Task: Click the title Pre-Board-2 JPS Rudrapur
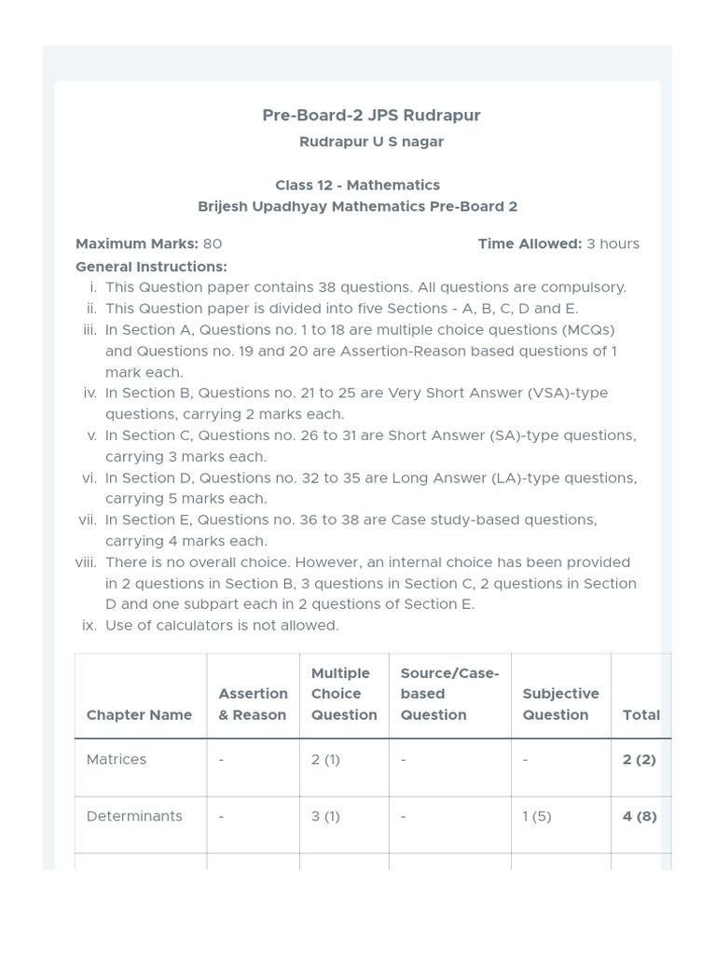click(371, 115)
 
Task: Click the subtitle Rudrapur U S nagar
click(371, 142)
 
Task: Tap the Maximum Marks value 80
click(213, 243)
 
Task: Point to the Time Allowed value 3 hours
click(613, 243)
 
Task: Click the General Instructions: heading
click(151, 266)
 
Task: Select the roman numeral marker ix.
click(89, 625)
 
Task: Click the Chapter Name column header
click(139, 714)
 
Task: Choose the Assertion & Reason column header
click(253, 704)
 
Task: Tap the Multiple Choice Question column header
click(344, 694)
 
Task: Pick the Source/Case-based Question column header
click(449, 694)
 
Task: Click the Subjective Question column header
click(560, 704)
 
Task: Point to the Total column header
click(640, 714)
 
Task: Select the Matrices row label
click(117, 759)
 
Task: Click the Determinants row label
click(134, 816)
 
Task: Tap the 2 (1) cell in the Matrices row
click(325, 759)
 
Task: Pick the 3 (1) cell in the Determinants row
click(325, 816)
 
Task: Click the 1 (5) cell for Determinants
click(537, 816)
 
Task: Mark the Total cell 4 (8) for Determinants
click(640, 816)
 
